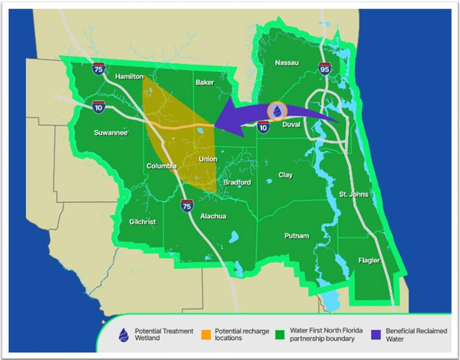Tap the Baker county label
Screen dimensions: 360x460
205,82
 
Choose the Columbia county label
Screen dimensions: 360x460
163,166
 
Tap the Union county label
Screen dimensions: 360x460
208,159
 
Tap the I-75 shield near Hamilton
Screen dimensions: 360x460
97,69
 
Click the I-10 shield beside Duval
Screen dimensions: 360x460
264,128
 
